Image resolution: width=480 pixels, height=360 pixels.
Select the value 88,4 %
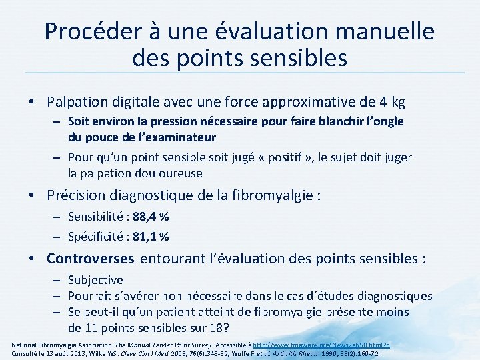pos(150,217)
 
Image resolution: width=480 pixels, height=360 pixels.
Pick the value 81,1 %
pos(151,236)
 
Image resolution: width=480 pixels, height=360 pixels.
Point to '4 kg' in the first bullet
pos(390,102)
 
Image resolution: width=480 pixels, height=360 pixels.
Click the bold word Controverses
pos(91,259)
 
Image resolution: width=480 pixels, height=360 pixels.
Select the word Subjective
pos(95,280)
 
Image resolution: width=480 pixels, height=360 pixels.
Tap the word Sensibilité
pos(95,217)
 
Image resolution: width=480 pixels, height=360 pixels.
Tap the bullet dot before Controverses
pos(33,259)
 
